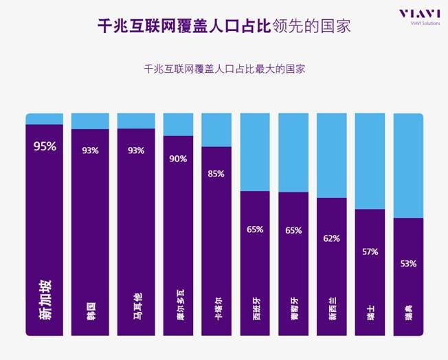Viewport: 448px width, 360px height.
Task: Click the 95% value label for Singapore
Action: point(45,146)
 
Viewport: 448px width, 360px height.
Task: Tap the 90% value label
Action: point(178,159)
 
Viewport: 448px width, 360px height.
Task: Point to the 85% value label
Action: point(216,173)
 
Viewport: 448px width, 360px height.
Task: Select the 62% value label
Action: point(331,238)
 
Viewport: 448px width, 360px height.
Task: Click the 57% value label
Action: point(370,251)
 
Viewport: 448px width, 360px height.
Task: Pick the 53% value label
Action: point(408,263)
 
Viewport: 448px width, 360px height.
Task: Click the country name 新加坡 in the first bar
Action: point(45,300)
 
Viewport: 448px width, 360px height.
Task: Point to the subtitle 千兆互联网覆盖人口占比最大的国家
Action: point(223,69)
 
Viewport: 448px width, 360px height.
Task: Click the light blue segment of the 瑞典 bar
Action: point(408,165)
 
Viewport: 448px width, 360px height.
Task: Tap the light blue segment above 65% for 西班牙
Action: point(255,152)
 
